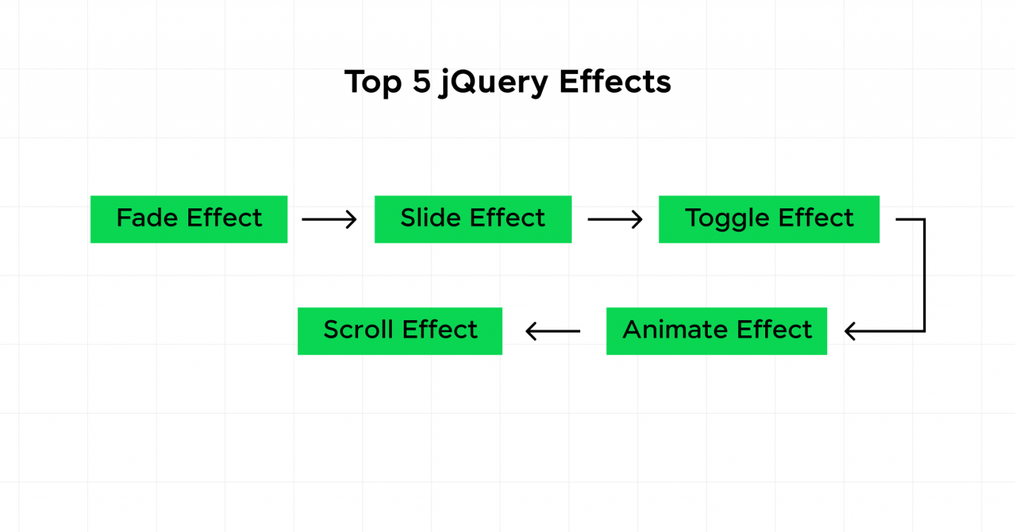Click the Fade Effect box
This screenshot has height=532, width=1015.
click(188, 219)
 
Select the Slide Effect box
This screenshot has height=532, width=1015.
click(472, 219)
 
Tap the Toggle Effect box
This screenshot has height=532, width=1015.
click(769, 219)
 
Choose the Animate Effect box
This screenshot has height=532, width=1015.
click(716, 331)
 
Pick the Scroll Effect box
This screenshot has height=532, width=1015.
click(400, 331)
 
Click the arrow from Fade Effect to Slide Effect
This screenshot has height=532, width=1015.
click(328, 219)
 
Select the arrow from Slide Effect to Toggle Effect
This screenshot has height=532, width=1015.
click(615, 219)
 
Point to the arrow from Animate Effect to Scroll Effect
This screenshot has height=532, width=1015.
click(553, 331)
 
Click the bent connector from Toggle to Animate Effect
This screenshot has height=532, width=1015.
click(924, 275)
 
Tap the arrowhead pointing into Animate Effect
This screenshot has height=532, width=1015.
click(850, 331)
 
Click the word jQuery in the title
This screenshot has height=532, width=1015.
click(493, 83)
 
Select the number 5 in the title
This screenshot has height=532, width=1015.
click(422, 81)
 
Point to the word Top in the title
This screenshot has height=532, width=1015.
click(373, 83)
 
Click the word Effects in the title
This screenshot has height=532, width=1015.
click(615, 81)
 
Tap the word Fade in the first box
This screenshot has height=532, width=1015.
click(149, 218)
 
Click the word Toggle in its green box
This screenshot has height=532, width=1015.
click(728, 219)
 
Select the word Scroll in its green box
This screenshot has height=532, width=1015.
click(359, 330)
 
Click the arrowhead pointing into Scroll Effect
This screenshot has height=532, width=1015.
click(531, 331)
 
